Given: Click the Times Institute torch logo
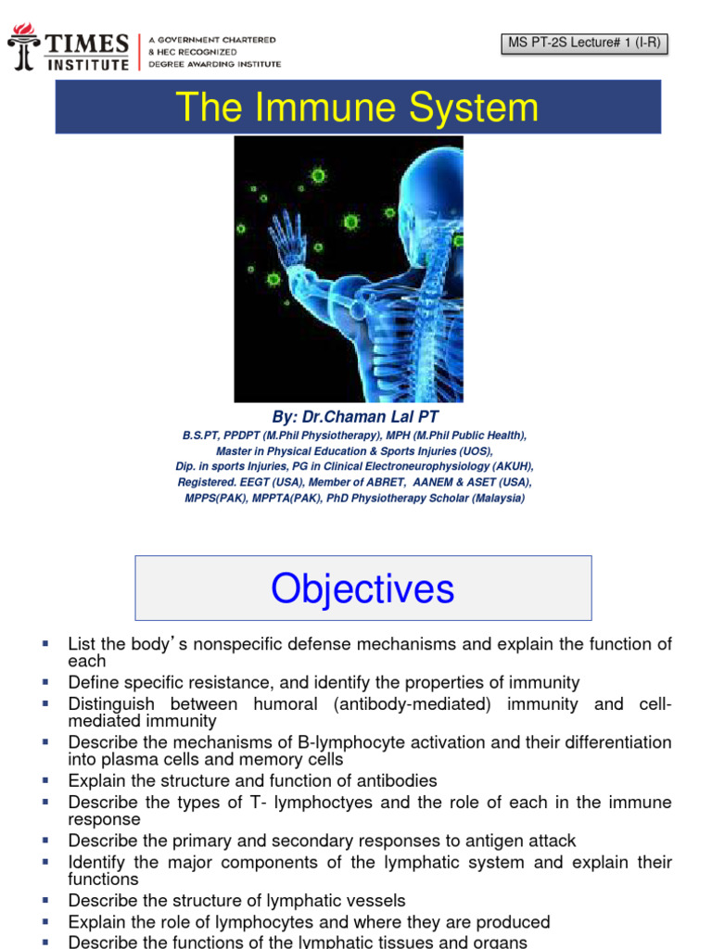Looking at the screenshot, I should click(x=22, y=47).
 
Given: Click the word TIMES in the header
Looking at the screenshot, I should click(x=84, y=43).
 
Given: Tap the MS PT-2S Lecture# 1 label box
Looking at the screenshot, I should click(x=584, y=43).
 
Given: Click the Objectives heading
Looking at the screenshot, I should click(x=362, y=588).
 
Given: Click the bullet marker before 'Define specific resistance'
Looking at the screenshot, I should click(x=44, y=682).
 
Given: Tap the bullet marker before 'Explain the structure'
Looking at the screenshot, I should click(x=44, y=780).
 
